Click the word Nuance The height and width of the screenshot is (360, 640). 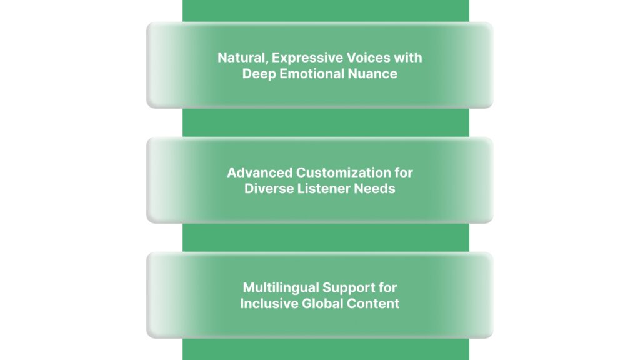tap(373, 74)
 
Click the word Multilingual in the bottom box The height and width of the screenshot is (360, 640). tap(280, 288)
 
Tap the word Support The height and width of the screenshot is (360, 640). tap(347, 288)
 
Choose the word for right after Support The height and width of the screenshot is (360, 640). tap(387, 288)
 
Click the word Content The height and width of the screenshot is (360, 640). tap(372, 304)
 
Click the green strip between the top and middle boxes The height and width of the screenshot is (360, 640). tap(325, 122)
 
